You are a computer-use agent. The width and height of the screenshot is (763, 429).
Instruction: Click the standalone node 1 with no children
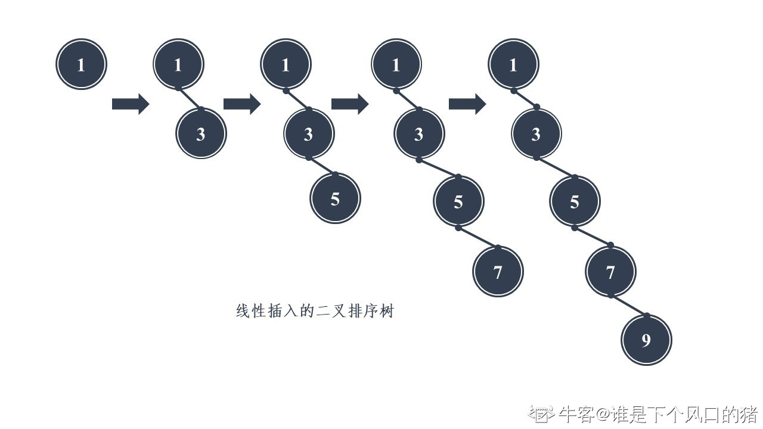81,64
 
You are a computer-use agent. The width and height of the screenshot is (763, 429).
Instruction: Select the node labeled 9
646,340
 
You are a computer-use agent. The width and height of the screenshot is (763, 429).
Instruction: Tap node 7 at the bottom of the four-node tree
498,272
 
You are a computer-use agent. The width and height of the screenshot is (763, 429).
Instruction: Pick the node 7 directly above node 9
610,272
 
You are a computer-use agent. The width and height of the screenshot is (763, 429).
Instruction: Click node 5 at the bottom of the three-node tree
335,198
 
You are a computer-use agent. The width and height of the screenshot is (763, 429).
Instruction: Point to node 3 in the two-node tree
201,133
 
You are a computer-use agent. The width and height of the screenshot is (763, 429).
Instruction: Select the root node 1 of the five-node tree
513,64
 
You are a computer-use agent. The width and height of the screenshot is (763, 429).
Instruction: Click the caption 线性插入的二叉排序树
315,311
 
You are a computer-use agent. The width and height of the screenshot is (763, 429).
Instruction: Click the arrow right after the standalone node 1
130,104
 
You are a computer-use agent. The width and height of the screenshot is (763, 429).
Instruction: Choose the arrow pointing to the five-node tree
467,104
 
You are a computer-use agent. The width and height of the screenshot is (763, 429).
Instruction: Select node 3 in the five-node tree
536,133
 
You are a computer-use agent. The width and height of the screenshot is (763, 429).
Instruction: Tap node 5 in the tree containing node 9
575,201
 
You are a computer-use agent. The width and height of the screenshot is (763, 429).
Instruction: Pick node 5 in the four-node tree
458,201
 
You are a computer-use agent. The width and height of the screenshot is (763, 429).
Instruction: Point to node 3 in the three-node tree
308,133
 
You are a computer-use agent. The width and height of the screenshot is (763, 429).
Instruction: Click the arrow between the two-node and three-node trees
241,104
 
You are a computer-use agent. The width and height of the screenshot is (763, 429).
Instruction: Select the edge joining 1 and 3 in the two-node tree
190,100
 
